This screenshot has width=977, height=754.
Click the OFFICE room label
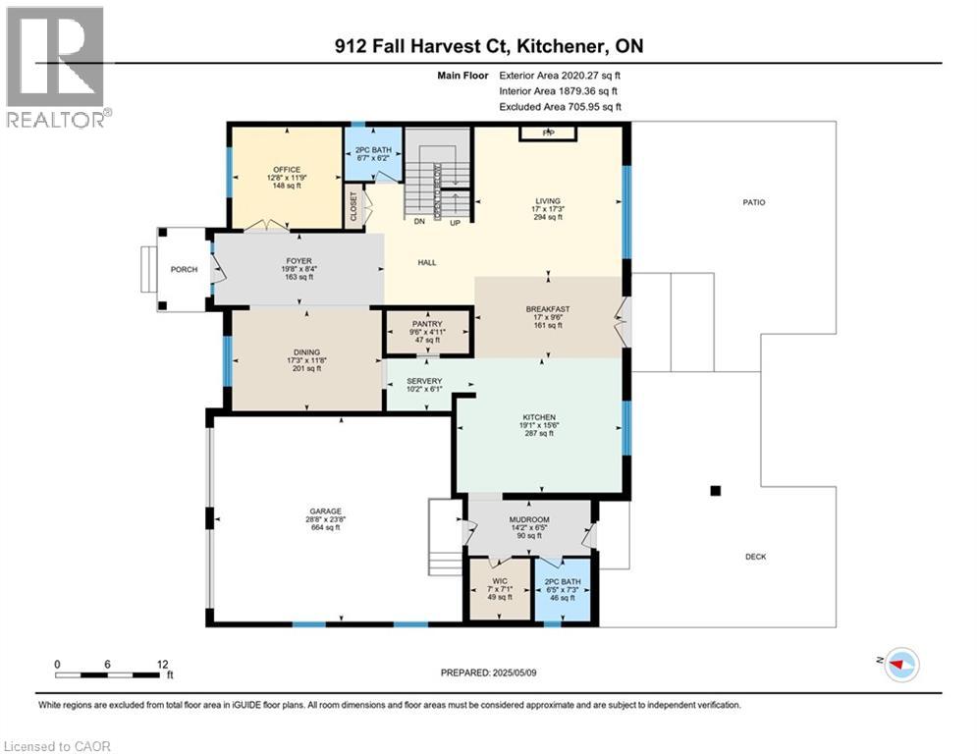(287, 170)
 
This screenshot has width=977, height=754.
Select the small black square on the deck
(716, 490)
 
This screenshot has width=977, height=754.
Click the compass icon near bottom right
(899, 665)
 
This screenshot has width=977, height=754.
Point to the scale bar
(109, 674)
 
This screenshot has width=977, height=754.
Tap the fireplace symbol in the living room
(548, 133)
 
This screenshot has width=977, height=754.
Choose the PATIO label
(753, 203)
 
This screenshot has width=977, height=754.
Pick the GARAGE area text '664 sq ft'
(325, 528)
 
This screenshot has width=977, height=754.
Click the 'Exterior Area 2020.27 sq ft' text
(559, 74)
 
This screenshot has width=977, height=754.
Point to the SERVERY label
(424, 381)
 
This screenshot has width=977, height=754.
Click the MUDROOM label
(529, 519)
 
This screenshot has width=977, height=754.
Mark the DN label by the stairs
(418, 223)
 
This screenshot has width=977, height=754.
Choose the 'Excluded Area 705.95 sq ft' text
(560, 107)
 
